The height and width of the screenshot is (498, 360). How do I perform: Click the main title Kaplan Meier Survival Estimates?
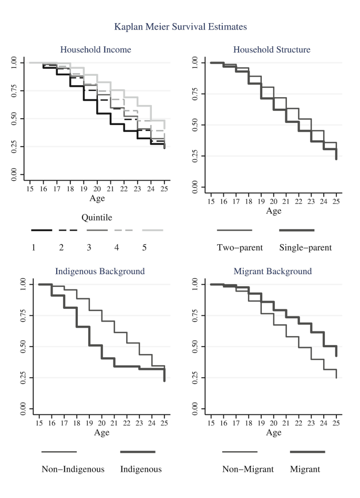180,26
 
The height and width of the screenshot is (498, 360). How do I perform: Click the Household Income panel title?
96,50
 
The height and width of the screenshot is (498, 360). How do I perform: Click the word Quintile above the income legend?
97,216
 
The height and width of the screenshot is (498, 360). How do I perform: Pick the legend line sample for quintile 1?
42,230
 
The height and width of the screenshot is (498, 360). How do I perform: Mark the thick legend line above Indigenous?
138,452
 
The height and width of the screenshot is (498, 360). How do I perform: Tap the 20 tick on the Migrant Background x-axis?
273,422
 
